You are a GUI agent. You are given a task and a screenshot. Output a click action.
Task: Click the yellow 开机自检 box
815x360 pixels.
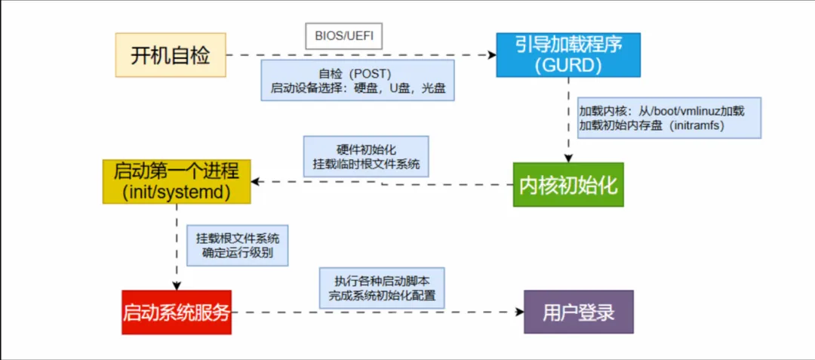(171, 54)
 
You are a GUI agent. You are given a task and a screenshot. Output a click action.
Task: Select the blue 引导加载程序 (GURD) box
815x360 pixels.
(567, 54)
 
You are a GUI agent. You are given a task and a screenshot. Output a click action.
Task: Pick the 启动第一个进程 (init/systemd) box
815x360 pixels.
(177, 181)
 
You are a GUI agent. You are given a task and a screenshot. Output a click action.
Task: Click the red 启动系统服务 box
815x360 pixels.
(176, 312)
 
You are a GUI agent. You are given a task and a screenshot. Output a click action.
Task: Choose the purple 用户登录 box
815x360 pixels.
(579, 312)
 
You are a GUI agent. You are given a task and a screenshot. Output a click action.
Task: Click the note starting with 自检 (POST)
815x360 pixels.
(358, 81)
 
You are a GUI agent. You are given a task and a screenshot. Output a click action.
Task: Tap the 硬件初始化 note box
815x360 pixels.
(366, 156)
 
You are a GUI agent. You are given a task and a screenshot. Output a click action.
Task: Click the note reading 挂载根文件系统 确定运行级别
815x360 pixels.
(238, 245)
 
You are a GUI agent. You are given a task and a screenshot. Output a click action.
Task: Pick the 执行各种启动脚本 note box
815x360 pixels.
(382, 287)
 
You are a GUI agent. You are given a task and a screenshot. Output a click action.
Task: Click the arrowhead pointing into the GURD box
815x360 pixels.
(491, 55)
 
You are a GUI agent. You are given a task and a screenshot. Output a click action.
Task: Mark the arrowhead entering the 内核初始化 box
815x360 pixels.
(567, 158)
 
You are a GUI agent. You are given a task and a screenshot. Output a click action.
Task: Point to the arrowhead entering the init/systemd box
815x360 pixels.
(256, 182)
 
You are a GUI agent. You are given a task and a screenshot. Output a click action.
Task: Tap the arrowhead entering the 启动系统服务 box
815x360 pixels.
(176, 286)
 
